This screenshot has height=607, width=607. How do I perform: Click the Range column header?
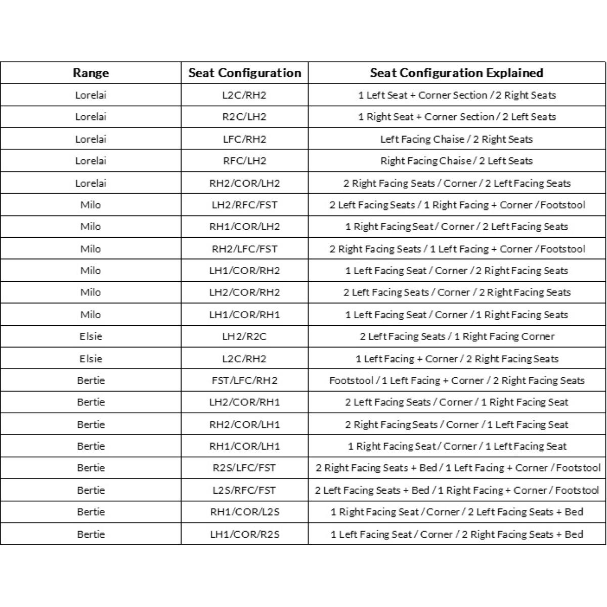[x=91, y=73]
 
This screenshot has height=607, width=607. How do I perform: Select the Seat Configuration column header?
[x=244, y=73]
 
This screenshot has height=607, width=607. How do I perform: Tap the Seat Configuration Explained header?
[x=456, y=73]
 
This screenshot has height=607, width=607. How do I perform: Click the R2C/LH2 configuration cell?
[x=244, y=117]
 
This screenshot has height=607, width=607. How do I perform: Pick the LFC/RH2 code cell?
[x=244, y=139]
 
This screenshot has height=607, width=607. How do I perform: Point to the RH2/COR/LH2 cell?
[x=244, y=183]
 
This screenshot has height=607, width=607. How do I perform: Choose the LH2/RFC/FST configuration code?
[x=244, y=205]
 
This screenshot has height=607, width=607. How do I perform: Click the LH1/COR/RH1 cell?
[x=244, y=315]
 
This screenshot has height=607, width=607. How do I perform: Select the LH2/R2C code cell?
[x=244, y=336]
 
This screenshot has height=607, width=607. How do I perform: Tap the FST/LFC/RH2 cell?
[x=244, y=380]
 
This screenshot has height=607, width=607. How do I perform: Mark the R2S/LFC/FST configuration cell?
[x=244, y=468]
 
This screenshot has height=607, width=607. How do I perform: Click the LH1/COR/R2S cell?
[x=244, y=534]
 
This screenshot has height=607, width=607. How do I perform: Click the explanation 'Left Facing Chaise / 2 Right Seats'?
[x=456, y=139]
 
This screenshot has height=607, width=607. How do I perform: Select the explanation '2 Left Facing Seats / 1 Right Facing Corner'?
[x=456, y=336]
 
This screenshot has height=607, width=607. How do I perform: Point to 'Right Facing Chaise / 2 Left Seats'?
[x=456, y=161]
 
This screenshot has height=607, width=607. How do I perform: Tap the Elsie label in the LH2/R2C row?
[x=91, y=336]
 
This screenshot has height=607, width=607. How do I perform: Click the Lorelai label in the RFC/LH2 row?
[x=91, y=161]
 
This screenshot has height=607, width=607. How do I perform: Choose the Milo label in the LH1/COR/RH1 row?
[x=91, y=315]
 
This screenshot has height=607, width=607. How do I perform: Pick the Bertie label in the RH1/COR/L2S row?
[x=91, y=512]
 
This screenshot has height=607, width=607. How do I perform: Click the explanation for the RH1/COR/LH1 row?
[x=456, y=446]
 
